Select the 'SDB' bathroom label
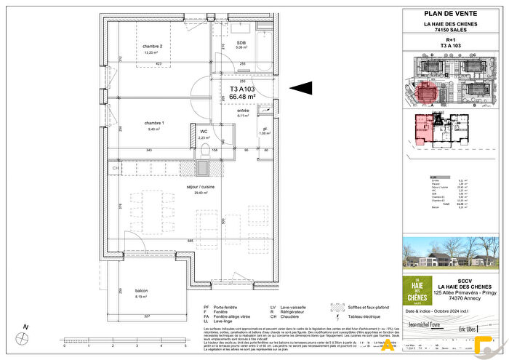pyautogui.click(x=241, y=43)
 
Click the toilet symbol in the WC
pyautogui.click(x=206, y=150)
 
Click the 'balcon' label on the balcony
pyautogui.click(x=142, y=289)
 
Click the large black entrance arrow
pyautogui.click(x=301, y=88)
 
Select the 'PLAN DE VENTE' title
pyautogui.click(x=451, y=13)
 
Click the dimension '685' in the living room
pyautogui.click(x=190, y=241)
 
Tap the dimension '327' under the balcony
pyautogui.click(x=146, y=317)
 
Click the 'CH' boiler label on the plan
pyautogui.click(x=115, y=169)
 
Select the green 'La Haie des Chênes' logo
pyautogui.click(x=417, y=290)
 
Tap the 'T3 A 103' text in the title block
pyautogui.click(x=451, y=45)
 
